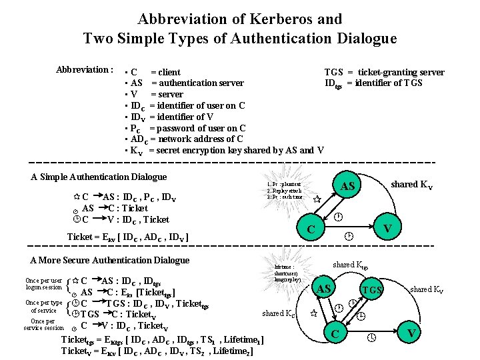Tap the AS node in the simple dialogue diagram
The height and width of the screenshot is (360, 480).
point(347,186)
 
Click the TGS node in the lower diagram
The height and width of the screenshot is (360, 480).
point(371,291)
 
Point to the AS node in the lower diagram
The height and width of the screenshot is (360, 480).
point(325,289)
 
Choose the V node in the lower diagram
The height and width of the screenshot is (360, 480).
point(412,332)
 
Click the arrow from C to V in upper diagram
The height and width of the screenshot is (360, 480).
point(349,236)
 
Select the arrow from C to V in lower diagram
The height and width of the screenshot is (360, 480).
point(373,338)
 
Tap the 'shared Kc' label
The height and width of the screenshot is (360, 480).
point(278,313)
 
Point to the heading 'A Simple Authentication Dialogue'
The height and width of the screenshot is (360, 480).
point(99,177)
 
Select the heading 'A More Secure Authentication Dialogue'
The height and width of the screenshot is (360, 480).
point(110,260)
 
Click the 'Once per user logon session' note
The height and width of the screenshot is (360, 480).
point(43,284)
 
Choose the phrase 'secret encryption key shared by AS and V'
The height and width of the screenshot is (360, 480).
point(237,151)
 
